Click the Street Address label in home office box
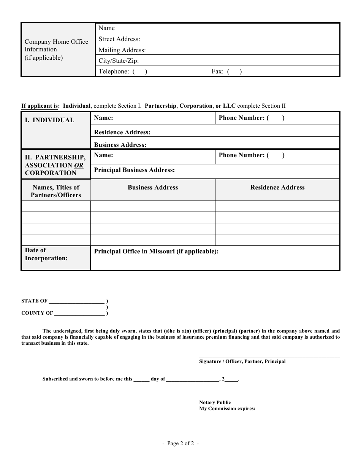[119, 39]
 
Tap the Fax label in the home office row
[217, 71]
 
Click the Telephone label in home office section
[114, 71]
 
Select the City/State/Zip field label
[119, 60]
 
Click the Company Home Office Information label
[56, 49]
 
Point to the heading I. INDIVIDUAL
[49, 120]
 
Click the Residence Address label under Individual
[122, 132]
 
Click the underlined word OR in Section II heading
[79, 165]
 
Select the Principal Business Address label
[134, 170]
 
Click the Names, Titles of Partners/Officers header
[56, 191]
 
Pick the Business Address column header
[153, 188]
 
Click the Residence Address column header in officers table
[277, 188]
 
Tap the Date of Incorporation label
[46, 254]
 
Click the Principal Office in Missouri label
[156, 252]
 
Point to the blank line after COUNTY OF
[79, 314]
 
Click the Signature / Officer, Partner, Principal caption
[242, 361]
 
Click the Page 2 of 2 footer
[180, 443]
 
